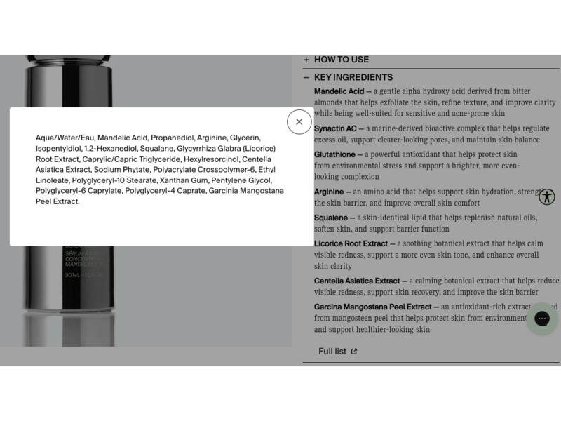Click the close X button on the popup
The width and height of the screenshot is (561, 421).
[299, 122]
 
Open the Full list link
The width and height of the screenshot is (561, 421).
[332, 352]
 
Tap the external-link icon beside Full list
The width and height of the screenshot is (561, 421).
[354, 352]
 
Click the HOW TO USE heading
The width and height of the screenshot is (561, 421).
[341, 60]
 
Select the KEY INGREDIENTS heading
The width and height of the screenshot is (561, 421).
[353, 77]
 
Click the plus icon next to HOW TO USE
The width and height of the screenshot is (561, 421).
[306, 60]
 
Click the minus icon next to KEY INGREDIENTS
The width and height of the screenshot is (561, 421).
[306, 77]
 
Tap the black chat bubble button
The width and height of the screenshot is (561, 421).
[542, 319]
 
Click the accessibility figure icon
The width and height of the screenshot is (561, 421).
[547, 196]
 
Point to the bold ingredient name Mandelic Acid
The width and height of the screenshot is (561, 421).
[339, 91]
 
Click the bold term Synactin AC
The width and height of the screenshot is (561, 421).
[335, 129]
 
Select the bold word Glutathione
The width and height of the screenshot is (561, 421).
[334, 154]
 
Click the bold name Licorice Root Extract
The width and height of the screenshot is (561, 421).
[351, 243]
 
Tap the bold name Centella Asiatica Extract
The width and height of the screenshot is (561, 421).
[356, 281]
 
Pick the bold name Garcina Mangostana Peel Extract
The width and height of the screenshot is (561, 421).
[372, 307]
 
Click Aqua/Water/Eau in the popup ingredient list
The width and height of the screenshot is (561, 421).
[65, 138]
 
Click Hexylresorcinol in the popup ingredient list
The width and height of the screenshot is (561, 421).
[210, 159]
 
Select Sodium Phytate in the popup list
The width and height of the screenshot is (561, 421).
[121, 170]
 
